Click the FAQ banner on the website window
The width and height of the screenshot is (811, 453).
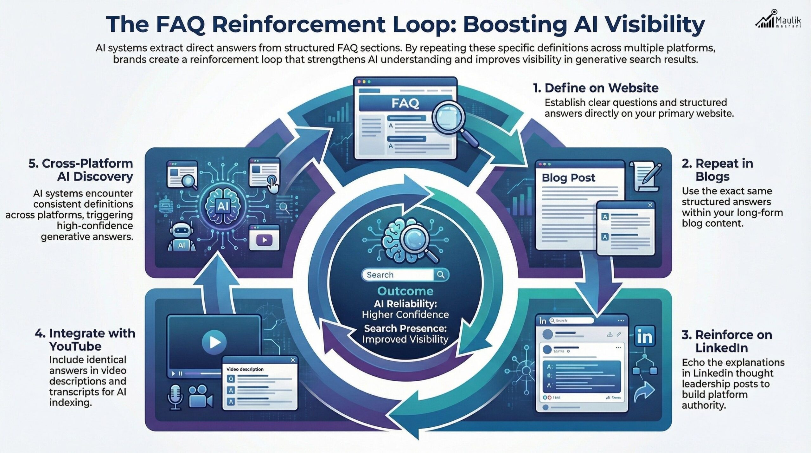point(405,103)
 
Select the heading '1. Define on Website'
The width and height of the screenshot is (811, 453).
point(596,88)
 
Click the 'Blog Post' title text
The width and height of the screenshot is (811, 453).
point(568,178)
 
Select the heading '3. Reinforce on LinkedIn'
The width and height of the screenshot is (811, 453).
point(727,341)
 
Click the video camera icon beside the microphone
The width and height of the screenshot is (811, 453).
point(200,396)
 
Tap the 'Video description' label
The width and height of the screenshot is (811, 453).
point(245,369)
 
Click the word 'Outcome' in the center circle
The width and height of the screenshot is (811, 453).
point(405,291)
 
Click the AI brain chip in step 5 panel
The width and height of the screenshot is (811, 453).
point(221,206)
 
